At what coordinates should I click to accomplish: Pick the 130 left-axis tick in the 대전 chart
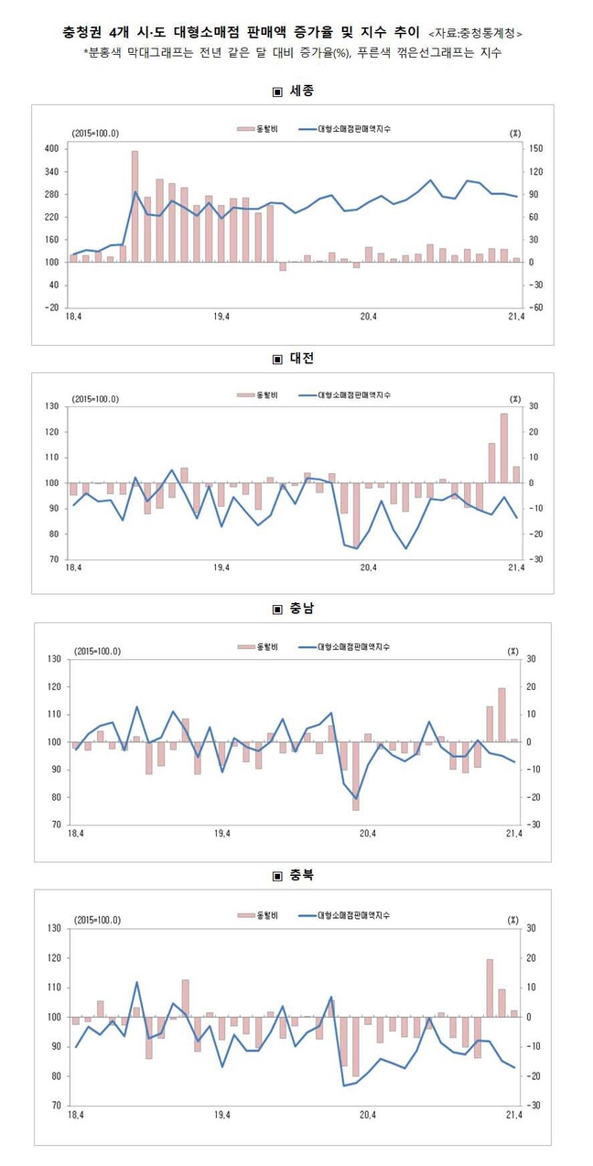coord(52,405)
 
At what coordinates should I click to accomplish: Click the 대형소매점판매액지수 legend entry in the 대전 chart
coord(353,395)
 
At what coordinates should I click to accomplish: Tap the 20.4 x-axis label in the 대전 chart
coord(369,568)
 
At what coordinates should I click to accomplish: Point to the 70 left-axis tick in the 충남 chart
coord(54,825)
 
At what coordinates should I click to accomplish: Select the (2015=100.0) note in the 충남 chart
coord(98,651)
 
